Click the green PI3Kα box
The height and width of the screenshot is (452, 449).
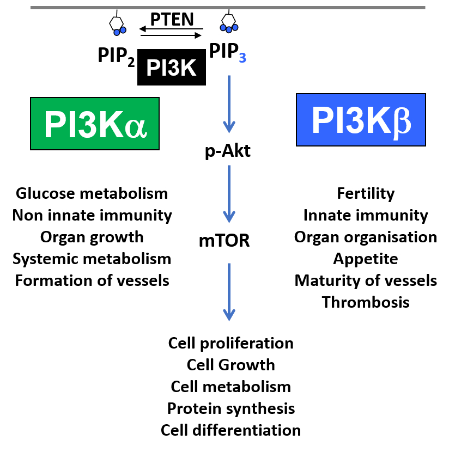tap(95, 124)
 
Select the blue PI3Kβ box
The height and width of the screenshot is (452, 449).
tap(360, 120)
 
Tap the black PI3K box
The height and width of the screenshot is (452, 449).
tap(172, 69)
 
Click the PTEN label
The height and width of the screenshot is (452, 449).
tap(172, 20)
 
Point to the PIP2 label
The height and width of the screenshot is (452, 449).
tap(116, 55)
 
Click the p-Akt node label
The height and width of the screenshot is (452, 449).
tap(228, 151)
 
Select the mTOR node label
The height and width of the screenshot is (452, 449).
tap(227, 240)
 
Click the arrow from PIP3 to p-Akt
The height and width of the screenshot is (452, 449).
tap(229, 103)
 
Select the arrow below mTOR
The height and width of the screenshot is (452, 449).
tap(229, 291)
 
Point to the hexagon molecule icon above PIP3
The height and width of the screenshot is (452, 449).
tap(228, 22)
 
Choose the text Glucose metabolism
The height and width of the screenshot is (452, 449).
tap(92, 193)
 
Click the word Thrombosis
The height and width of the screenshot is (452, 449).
tap(366, 302)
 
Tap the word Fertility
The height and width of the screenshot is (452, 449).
tap(366, 193)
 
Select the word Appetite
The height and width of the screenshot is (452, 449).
tap(366, 259)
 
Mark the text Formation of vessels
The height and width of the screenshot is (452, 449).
tap(92, 280)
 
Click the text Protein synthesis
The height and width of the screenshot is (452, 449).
tap(231, 408)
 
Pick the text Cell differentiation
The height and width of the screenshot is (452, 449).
tap(231, 430)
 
